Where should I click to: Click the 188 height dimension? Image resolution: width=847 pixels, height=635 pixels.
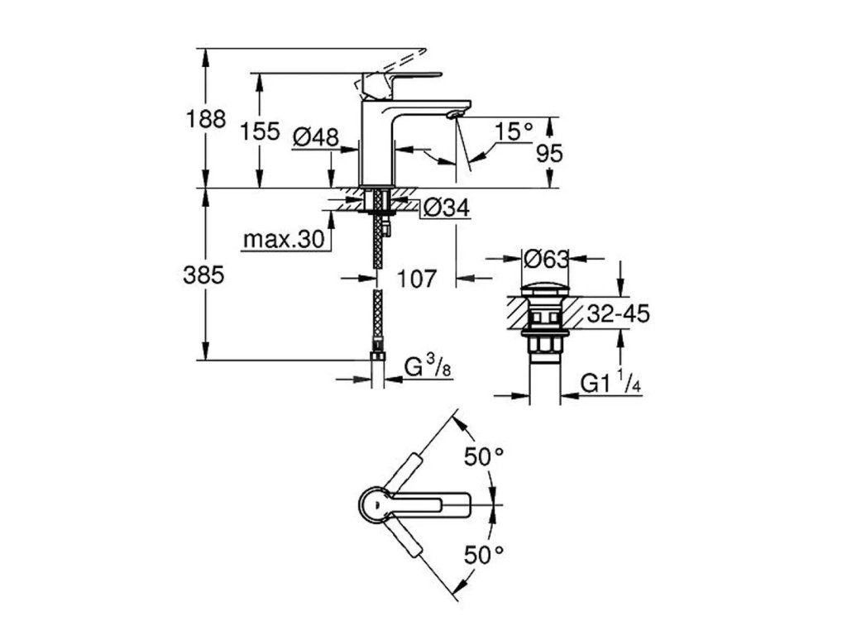pyautogui.click(x=205, y=119)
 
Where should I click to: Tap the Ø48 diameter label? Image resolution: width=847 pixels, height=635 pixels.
pyautogui.click(x=315, y=137)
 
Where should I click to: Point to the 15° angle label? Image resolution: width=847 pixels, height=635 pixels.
pyautogui.click(x=514, y=131)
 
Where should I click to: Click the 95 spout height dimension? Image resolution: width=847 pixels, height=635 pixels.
pyautogui.click(x=549, y=153)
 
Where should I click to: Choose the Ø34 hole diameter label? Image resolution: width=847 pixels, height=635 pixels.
pyautogui.click(x=446, y=210)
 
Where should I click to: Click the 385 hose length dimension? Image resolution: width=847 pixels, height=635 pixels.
pyautogui.click(x=203, y=275)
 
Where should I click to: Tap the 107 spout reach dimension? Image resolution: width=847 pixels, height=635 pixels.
pyautogui.click(x=415, y=278)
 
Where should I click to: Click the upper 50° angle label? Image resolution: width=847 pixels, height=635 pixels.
pyautogui.click(x=484, y=456)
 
